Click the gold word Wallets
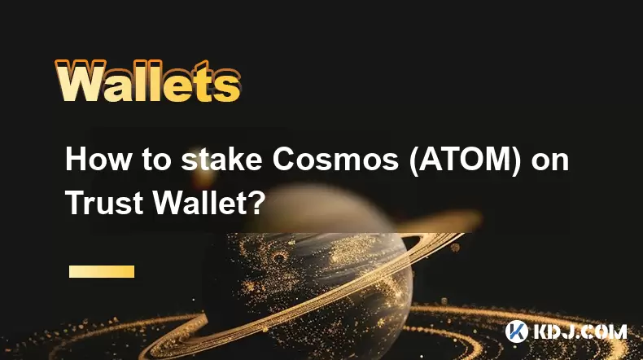(x=147, y=81)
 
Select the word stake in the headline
(x=222, y=159)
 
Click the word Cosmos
(x=335, y=159)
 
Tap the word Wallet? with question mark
(x=209, y=202)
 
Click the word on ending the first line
(x=550, y=162)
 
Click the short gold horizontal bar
(x=102, y=271)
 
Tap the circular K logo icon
(x=517, y=331)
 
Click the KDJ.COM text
(x=580, y=331)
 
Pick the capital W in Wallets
(x=80, y=81)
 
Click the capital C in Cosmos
(x=285, y=159)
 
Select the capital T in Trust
(x=76, y=202)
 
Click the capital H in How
(x=77, y=159)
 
